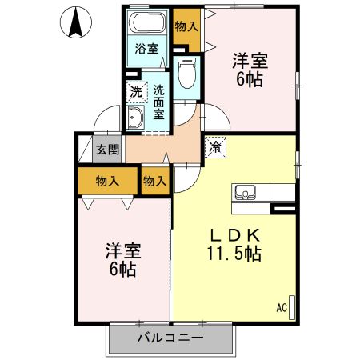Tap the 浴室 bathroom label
click(146, 48)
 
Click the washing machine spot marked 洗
click(136, 93)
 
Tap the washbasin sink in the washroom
click(136, 120)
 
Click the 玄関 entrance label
click(107, 149)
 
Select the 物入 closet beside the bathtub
click(186, 26)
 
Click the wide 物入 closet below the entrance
click(107, 181)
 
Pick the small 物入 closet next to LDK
click(154, 181)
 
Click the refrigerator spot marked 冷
click(216, 147)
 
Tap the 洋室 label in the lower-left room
click(122, 250)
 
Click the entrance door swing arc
click(102, 122)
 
